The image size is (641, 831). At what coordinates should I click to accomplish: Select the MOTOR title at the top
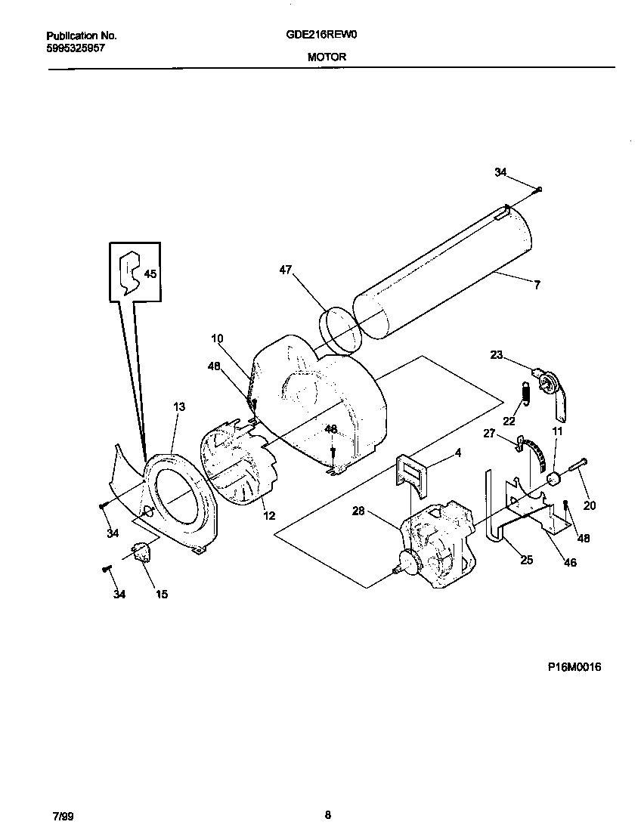coord(327,57)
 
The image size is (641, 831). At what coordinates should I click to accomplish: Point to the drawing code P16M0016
coord(574,667)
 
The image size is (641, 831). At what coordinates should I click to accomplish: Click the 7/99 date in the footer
coord(63,816)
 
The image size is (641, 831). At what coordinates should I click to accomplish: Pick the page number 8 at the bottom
coord(327,814)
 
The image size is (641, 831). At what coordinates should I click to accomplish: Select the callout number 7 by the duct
coord(537,286)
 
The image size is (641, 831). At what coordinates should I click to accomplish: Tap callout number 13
coord(178,406)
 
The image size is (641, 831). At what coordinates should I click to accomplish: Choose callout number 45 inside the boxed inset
coord(150,274)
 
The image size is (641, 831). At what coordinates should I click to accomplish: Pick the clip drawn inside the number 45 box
coord(131,270)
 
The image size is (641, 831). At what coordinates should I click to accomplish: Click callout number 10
coord(217,338)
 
